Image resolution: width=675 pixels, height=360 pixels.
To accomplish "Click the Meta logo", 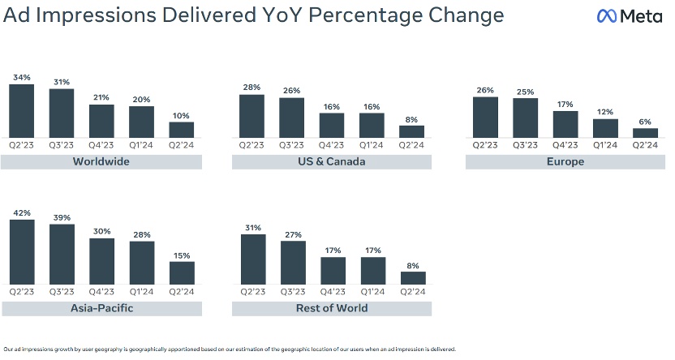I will point(629,15).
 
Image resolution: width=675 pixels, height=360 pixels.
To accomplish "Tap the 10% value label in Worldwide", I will point(181,116).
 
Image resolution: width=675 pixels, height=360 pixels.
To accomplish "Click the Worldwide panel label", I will point(101,161).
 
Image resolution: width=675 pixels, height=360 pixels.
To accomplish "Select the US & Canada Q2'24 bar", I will point(411,132).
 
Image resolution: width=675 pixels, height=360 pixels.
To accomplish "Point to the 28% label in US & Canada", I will point(252,88).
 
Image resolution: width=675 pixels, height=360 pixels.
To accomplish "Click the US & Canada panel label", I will point(332,161).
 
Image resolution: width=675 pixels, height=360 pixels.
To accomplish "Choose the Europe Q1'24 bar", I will point(604,129).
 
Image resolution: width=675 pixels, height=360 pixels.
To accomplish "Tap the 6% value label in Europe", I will point(645,122).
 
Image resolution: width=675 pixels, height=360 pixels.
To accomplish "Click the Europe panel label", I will point(565,161).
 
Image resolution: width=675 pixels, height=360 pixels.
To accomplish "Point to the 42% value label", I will point(22,213).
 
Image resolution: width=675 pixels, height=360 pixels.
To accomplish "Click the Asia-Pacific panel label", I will point(101,308).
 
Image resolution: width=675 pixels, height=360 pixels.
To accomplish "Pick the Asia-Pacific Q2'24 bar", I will point(181,273).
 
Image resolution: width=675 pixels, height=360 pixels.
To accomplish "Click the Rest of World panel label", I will point(332,308).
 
